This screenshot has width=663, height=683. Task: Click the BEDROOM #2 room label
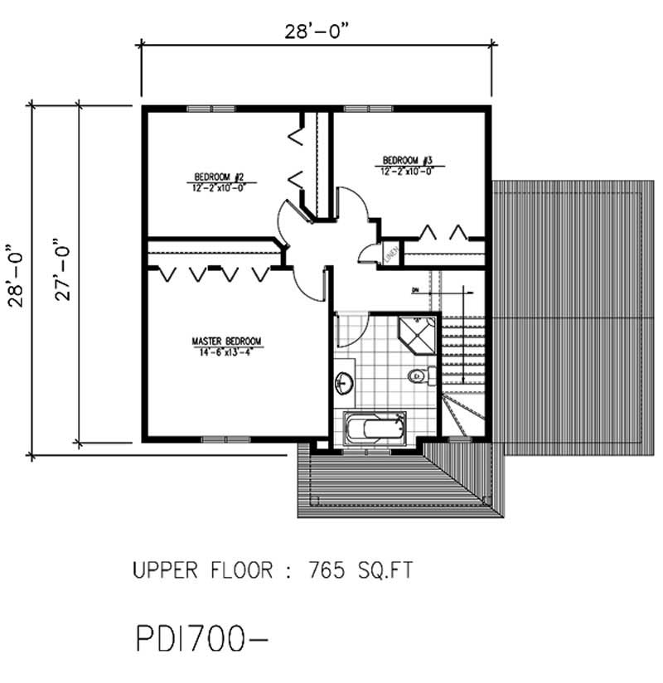coord(217,177)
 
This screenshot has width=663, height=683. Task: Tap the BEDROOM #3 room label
coord(407,160)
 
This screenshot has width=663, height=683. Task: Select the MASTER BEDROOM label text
coord(226,341)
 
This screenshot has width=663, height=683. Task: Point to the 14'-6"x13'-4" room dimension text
coord(226,353)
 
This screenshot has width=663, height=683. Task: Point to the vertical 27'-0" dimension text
coord(65,274)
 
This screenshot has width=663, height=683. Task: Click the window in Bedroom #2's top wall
coord(211,109)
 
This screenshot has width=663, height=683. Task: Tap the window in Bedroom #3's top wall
coord(370,109)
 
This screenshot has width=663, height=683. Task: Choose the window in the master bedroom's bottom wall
coord(225,438)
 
